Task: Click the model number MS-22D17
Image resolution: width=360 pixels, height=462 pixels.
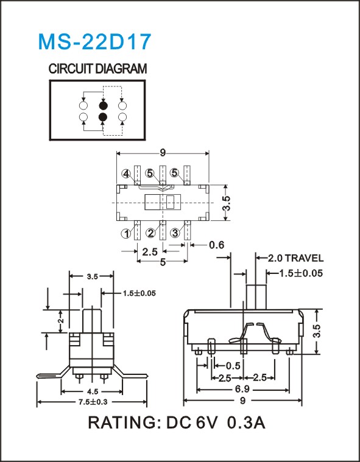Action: (94, 41)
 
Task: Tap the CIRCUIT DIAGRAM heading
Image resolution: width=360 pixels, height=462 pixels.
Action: (97, 69)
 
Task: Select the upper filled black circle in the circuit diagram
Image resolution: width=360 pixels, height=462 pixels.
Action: (103, 105)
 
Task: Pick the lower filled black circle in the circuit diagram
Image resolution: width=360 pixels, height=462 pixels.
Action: (103, 117)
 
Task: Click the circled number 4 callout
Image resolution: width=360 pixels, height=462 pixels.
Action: (126, 174)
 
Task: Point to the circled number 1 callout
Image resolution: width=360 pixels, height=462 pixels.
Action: (126, 234)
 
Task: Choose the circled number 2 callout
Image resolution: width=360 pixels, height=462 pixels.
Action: (150, 233)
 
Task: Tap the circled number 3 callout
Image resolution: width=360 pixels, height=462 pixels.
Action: (175, 233)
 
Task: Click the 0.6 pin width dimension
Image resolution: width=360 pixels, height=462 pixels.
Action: (216, 245)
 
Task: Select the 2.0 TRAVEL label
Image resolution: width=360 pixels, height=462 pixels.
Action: (295, 259)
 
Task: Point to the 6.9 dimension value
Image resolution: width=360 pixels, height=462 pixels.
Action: (242, 390)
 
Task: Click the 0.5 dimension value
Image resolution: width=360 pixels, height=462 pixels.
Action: (233, 366)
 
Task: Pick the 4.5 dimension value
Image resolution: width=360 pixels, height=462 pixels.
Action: (92, 391)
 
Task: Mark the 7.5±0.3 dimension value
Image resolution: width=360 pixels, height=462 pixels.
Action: (92, 402)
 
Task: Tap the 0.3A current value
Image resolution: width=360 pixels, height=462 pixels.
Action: (247, 423)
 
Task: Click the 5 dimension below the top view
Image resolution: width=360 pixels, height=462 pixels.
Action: (163, 262)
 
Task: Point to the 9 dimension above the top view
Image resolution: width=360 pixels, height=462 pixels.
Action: (163, 153)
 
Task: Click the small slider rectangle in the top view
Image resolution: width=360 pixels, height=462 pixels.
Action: (170, 203)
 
